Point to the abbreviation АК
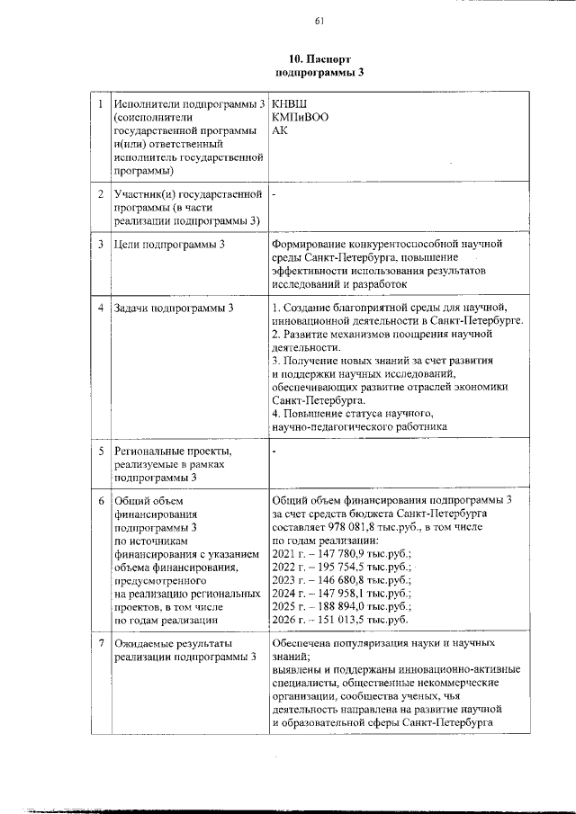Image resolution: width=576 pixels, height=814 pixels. pos(279,130)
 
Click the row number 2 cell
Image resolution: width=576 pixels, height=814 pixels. pos(100,193)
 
